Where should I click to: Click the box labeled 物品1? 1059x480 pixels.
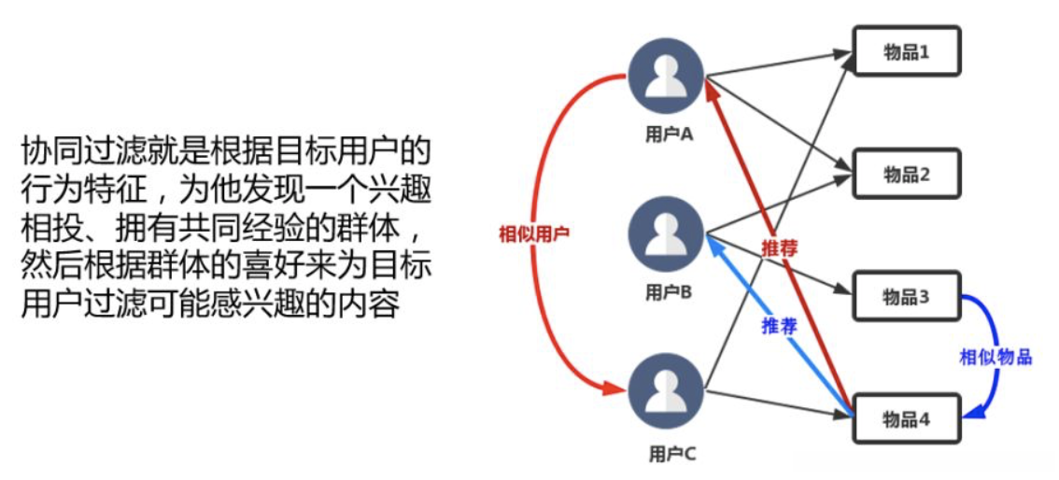pos(906,51)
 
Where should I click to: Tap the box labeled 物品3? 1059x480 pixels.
pos(906,297)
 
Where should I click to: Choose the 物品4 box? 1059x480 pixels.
pos(906,419)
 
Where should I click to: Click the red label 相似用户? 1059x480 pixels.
pos(533,233)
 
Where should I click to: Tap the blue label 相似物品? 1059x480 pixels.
pos(995,358)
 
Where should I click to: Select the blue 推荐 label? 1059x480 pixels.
pos(779,326)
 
